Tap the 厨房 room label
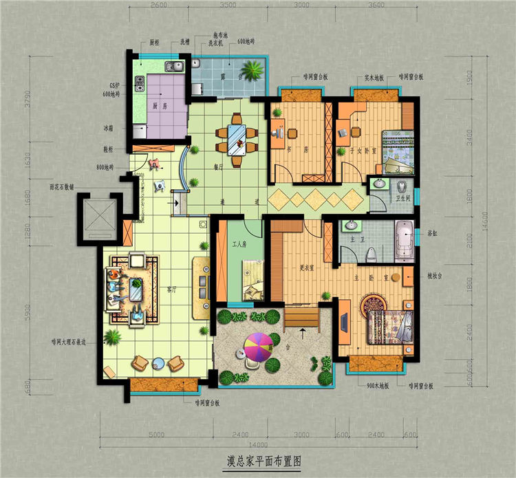tap(160, 107)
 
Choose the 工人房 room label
tap(239, 244)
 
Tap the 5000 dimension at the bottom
tap(158, 434)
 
